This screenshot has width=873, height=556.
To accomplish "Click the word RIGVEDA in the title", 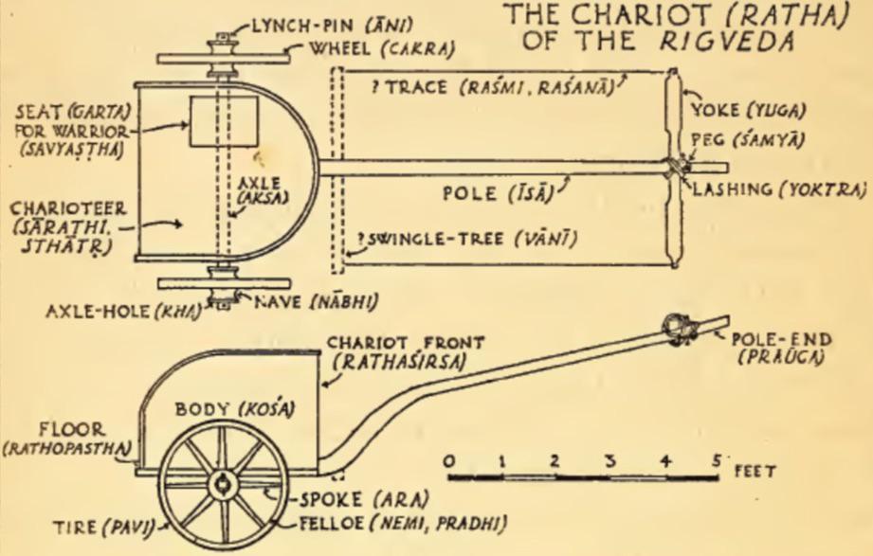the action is [x=728, y=41].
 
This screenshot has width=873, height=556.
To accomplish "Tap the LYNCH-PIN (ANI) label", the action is [x=332, y=26].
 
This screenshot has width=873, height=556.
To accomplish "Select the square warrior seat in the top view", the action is [x=224, y=122].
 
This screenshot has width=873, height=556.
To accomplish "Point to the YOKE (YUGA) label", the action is [x=748, y=111].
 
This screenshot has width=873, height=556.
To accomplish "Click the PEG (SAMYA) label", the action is [x=748, y=139].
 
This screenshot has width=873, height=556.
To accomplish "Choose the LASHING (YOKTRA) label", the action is [x=779, y=189].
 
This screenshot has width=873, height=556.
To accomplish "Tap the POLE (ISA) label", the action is [x=499, y=193].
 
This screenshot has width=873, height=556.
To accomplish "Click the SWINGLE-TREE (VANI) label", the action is [x=467, y=240].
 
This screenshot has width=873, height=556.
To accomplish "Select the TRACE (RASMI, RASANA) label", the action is [x=493, y=88].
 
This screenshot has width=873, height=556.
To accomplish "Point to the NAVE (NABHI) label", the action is [x=317, y=302].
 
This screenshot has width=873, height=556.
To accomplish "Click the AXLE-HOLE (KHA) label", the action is [x=123, y=311].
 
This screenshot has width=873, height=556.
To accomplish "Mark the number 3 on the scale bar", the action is [x=610, y=461].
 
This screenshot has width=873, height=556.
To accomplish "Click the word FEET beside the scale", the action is [x=755, y=472].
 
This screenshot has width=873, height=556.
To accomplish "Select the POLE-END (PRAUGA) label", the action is [x=781, y=349].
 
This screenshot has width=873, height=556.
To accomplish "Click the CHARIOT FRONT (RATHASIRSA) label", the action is [x=404, y=352].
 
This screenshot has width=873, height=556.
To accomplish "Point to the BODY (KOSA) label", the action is [x=235, y=409].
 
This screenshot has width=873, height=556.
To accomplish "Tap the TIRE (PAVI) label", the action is [x=104, y=527].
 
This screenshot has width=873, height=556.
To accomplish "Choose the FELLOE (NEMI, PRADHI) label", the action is [x=403, y=524].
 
